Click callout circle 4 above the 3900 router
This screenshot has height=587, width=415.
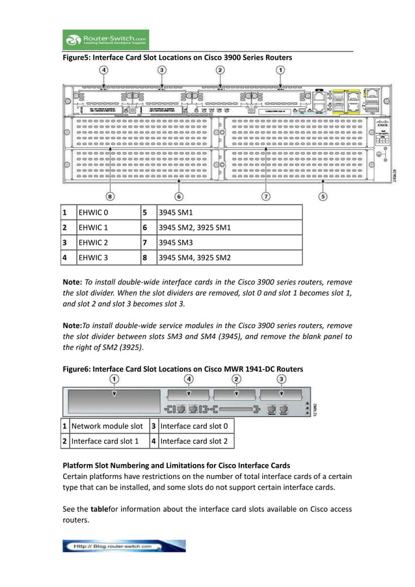104,70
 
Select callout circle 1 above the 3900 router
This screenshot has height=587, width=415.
280,70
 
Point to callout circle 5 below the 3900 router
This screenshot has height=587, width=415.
323,195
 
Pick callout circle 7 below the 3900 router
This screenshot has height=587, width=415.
265,195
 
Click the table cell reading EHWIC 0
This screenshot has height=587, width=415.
107,213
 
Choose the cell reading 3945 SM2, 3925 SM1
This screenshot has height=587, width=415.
230,228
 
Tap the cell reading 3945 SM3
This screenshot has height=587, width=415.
230,243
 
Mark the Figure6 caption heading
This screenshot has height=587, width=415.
182,369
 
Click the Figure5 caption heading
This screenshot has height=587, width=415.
177,58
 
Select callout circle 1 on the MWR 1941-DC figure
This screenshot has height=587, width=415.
114,378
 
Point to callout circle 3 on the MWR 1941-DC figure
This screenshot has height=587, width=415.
281,378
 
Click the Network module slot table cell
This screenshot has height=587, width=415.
107,426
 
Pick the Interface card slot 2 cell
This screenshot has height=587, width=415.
194,441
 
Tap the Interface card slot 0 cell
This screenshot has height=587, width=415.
194,426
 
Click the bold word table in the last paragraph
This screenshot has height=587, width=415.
99,509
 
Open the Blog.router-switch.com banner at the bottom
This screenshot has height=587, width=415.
124,546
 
